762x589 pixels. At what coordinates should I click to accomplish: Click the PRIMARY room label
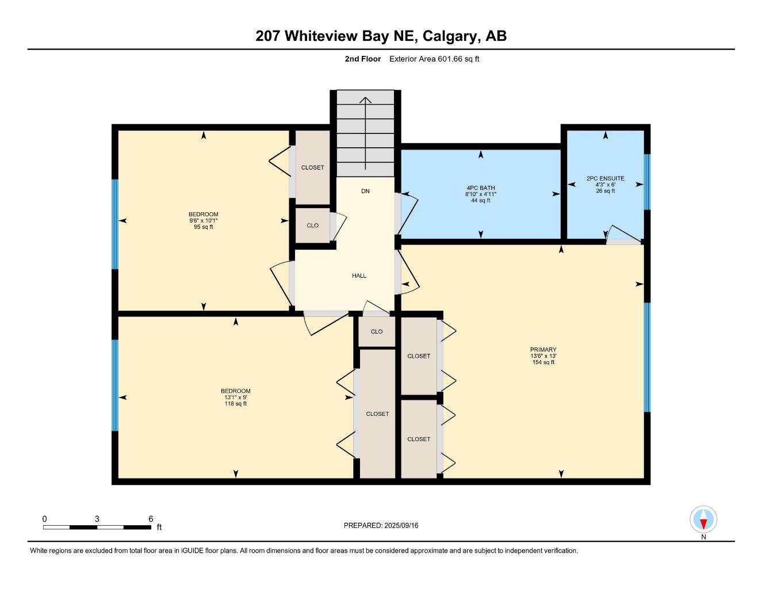tap(543, 350)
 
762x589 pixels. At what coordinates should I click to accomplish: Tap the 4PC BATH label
tap(480, 188)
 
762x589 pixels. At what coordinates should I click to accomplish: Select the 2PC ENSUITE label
tap(605, 178)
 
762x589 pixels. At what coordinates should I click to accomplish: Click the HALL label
tap(359, 276)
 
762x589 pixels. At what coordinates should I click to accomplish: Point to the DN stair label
tap(365, 191)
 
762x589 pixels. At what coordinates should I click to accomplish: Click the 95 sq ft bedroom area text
tap(203, 227)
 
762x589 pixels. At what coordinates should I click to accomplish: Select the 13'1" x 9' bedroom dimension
tap(235, 397)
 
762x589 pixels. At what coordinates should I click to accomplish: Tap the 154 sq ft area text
tap(543, 362)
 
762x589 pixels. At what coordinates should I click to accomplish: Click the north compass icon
tap(703, 519)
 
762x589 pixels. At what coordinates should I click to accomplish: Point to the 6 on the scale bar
tap(151, 519)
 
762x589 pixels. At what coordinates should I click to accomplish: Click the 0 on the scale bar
tap(45, 519)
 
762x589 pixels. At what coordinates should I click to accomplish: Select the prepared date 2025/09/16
tap(401, 525)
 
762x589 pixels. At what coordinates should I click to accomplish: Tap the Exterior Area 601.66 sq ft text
tap(434, 59)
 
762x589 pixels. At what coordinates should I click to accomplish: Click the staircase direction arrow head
tap(365, 100)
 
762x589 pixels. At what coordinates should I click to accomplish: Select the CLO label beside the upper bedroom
tap(312, 225)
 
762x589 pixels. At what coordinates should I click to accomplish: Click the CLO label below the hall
tap(377, 332)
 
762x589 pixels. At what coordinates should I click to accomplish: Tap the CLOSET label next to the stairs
tap(312, 167)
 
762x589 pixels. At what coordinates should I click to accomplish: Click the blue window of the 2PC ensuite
tap(646, 182)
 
